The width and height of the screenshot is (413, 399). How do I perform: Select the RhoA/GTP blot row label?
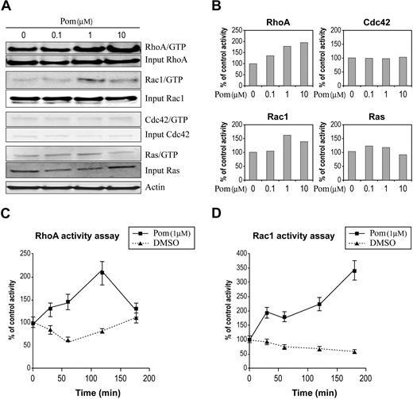(172, 48)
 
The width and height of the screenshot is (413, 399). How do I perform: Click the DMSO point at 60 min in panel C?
(69, 340)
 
